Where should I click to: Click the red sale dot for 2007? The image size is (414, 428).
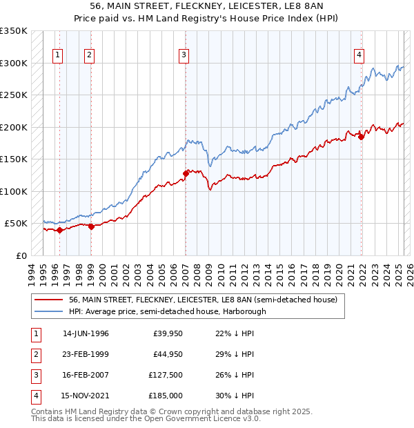tap(186, 173)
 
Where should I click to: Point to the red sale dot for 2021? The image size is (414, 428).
tap(362, 137)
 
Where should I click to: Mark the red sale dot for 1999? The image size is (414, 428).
tap(91, 226)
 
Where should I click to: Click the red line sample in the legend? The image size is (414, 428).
tap(48, 300)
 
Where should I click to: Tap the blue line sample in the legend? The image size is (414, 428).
tap(48, 311)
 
